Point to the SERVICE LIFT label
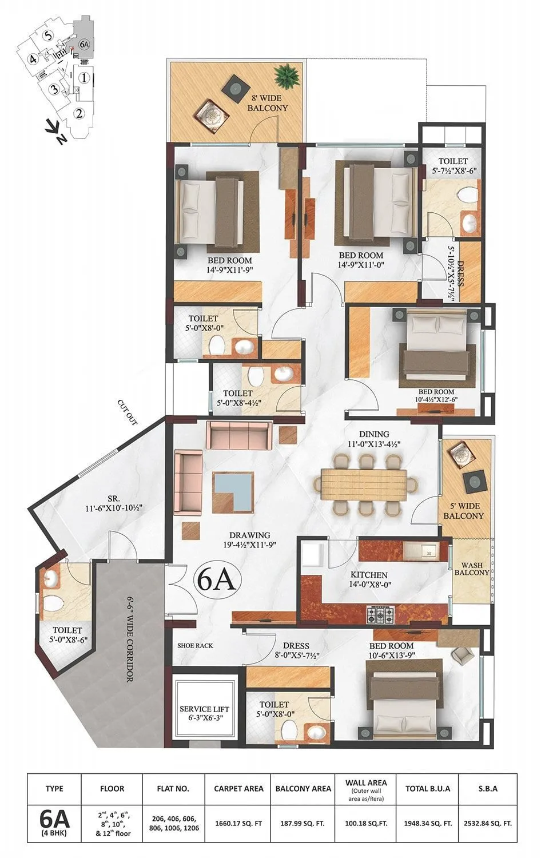[205, 714]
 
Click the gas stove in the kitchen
[380, 615]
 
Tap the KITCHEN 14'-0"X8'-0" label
[369, 579]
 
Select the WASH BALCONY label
[472, 569]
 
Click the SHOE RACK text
[195, 645]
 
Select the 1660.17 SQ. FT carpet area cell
[238, 824]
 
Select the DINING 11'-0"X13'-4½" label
[375, 439]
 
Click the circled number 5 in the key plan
[49, 35]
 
